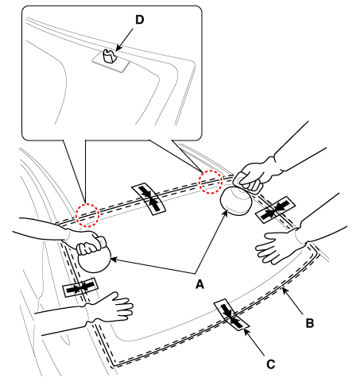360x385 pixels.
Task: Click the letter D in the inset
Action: (x=140, y=20)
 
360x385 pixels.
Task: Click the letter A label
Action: (x=199, y=285)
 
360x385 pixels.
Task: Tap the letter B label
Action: (x=310, y=323)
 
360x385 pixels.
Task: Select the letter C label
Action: (x=271, y=364)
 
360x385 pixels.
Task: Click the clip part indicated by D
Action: (x=110, y=56)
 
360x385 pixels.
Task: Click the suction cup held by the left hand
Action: (x=94, y=260)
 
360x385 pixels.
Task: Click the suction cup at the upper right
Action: (x=236, y=201)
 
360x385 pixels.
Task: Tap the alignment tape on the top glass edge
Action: (x=149, y=198)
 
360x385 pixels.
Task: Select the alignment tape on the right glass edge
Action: (x=275, y=210)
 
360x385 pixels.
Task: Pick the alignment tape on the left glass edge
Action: (x=80, y=287)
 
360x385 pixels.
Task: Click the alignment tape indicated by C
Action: (x=231, y=315)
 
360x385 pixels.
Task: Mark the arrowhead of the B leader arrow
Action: (x=283, y=289)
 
